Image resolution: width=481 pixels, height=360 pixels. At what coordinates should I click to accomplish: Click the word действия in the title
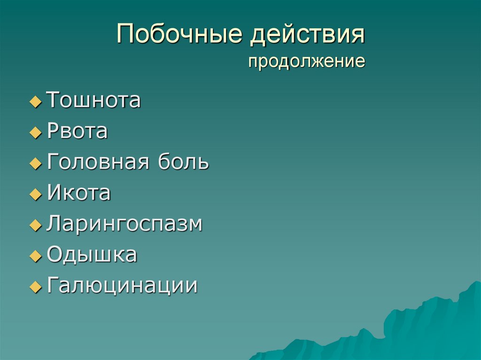tap(307, 36)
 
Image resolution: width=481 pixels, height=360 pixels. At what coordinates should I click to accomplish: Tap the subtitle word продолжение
tap(307, 61)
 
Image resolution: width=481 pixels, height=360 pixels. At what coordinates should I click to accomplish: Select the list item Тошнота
tap(94, 100)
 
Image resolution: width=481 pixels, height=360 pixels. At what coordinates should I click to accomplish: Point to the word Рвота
tap(78, 131)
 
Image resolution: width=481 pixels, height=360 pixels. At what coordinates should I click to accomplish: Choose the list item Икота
tap(79, 193)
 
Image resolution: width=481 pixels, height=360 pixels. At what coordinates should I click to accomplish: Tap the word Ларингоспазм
tap(124, 224)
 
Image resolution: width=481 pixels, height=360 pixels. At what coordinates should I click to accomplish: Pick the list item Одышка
tap(92, 255)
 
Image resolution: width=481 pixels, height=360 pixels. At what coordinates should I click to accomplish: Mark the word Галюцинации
tap(122, 285)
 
